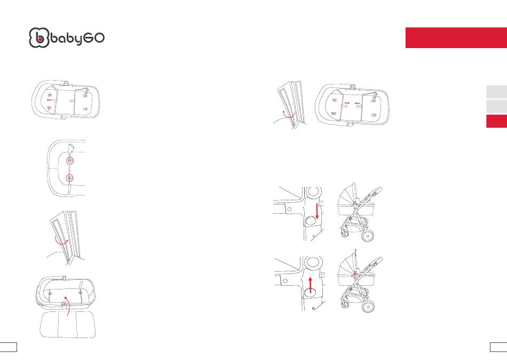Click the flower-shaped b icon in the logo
pyautogui.click(x=39, y=38)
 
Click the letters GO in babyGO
pyautogui.click(x=94, y=38)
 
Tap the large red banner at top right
pyautogui.click(x=456, y=37)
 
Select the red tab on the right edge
pyautogui.click(x=496, y=121)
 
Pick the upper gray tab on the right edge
pyautogui.click(x=496, y=92)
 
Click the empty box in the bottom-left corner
pyautogui.click(x=9, y=347)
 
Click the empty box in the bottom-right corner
pyautogui.click(x=498, y=347)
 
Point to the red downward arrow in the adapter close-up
pyautogui.click(x=317, y=212)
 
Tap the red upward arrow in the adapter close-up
pyautogui.click(x=311, y=285)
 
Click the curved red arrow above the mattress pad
pyautogui.click(x=68, y=304)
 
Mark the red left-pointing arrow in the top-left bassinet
pyautogui.click(x=49, y=100)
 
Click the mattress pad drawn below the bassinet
pyautogui.click(x=68, y=325)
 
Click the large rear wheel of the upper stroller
pyautogui.click(x=368, y=236)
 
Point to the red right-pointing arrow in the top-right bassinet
pyautogui.click(x=347, y=103)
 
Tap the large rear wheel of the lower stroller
pyautogui.click(x=368, y=306)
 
